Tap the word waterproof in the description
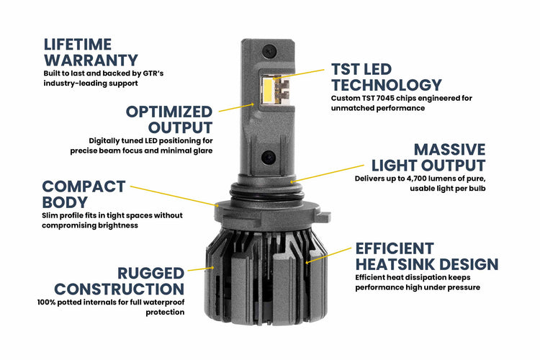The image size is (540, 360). coord(161,302)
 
